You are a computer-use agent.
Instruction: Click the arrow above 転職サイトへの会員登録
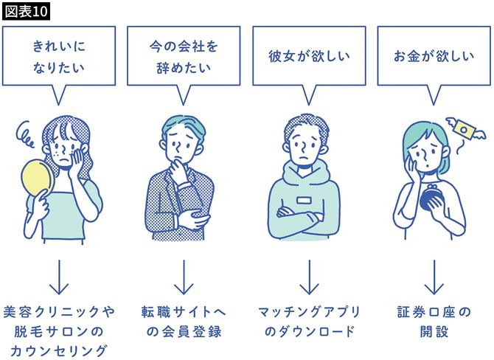[184, 276]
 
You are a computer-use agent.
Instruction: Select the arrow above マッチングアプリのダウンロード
[308, 276]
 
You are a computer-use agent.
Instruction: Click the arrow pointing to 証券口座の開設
[434, 276]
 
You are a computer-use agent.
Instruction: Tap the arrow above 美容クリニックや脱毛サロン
[59, 276]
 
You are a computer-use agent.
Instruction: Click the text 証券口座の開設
[434, 322]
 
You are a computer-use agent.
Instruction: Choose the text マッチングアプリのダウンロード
[308, 322]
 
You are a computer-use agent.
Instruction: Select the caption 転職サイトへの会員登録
[184, 322]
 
